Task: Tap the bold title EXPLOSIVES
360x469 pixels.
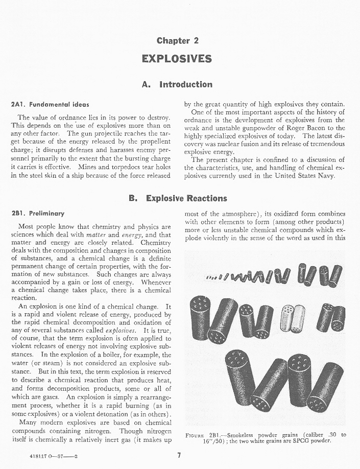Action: pos(177,58)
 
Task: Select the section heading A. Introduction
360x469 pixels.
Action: pos(177,84)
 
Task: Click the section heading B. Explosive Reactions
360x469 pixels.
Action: pos(179,198)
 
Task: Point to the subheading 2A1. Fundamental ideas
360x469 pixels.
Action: pos(50,104)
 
